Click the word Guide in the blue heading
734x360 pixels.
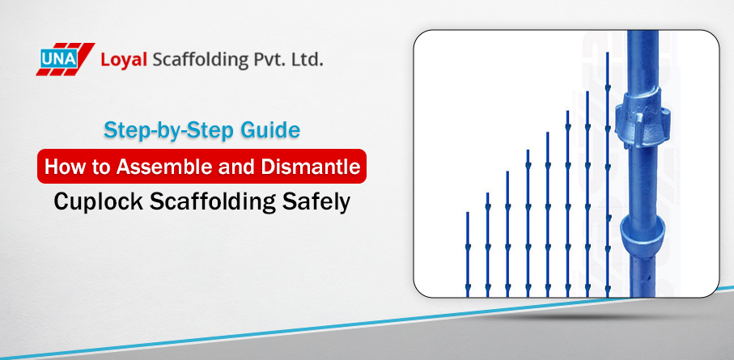click(x=274, y=129)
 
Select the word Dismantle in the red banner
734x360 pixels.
click(x=312, y=167)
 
